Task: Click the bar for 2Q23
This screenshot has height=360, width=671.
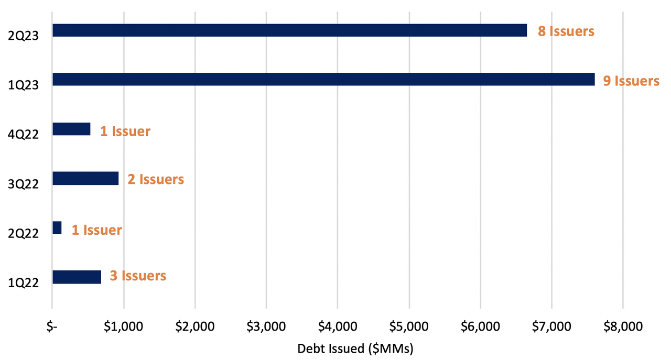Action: click(x=289, y=30)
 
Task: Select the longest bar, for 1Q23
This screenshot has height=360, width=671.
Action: click(x=323, y=79)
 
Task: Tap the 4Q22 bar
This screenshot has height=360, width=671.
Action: click(x=71, y=129)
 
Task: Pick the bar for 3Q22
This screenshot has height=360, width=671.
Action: click(x=85, y=178)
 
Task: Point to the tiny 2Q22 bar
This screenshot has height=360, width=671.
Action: click(x=57, y=227)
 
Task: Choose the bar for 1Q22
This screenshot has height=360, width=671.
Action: click(x=77, y=277)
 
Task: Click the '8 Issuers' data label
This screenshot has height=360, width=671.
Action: click(x=566, y=31)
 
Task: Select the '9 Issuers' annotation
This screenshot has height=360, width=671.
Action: click(x=631, y=81)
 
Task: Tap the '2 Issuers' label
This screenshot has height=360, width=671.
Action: click(x=156, y=180)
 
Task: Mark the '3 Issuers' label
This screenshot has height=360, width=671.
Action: click(x=138, y=276)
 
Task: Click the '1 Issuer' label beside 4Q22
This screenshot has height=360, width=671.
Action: click(x=125, y=131)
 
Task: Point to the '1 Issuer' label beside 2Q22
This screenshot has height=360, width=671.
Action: click(x=96, y=230)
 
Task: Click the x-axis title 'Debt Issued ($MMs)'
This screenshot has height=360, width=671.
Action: click(x=355, y=349)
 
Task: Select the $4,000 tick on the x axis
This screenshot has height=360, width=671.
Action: click(x=337, y=327)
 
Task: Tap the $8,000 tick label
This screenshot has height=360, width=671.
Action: click(x=622, y=327)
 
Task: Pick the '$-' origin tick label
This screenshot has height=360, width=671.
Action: click(x=52, y=327)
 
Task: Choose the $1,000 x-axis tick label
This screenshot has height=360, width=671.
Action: click(x=124, y=327)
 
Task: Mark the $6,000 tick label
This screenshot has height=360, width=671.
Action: click(x=480, y=327)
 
